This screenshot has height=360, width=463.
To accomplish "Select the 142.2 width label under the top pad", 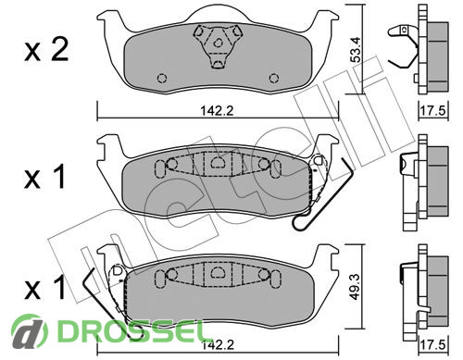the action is [218, 110].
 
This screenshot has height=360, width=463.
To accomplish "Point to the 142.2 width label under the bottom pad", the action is [218, 344].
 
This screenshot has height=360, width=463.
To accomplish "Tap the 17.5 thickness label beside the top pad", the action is [433, 110].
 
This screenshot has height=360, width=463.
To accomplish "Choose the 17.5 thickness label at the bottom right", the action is [433, 344].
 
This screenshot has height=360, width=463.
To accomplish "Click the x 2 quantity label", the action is [46, 50].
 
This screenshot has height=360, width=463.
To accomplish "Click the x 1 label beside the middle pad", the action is [45, 177].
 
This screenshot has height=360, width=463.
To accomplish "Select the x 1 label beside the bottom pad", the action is [45, 288].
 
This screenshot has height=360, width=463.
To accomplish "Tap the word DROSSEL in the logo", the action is [131, 331].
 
